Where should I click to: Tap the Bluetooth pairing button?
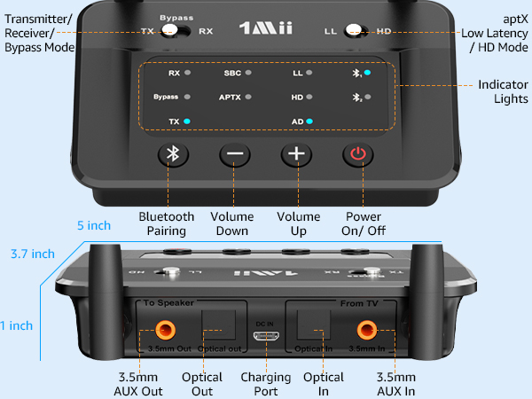pyautogui.click(x=174, y=154)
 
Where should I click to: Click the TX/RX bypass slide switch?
pyautogui.click(x=182, y=31)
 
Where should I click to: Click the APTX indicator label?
pyautogui.click(x=231, y=96)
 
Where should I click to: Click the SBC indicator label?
pyautogui.click(x=231, y=74)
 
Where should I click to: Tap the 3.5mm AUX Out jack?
pyautogui.click(x=166, y=331)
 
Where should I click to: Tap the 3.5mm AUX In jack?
pyautogui.click(x=365, y=331)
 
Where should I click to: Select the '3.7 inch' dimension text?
pyautogui.click(x=33, y=254)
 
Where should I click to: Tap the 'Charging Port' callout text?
pyautogui.click(x=266, y=383)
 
